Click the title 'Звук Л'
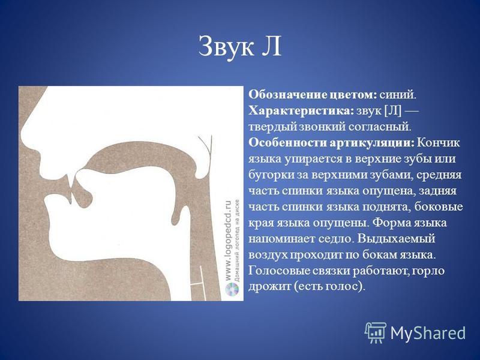[x=239, y=46]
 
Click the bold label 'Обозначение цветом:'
[x=313, y=95]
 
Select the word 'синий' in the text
[x=398, y=95]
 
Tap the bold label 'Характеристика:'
[x=301, y=110]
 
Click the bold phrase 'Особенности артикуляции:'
[x=331, y=143]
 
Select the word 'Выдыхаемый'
[x=396, y=239]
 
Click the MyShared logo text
[x=428, y=332]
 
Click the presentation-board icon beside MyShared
[x=376, y=332]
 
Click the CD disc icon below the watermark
[x=231, y=290]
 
